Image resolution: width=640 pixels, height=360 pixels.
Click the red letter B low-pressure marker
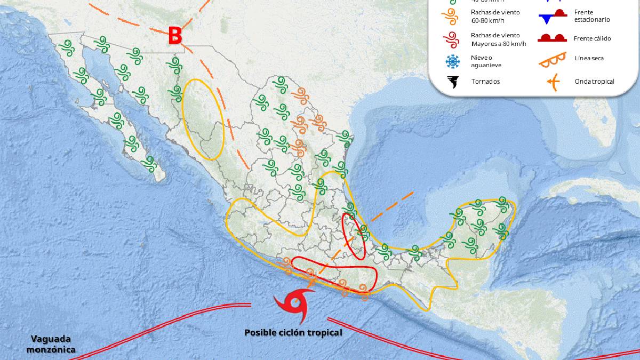(x=175, y=36)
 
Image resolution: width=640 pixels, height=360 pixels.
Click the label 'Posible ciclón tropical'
(x=293, y=332)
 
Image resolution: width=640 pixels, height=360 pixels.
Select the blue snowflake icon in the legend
(x=453, y=61)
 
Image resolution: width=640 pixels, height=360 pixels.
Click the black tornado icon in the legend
(x=453, y=82)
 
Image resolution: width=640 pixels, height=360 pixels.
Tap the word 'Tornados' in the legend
(x=485, y=82)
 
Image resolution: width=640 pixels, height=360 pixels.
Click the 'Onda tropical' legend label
(x=594, y=82)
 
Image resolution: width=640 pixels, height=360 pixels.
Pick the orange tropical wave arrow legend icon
(x=553, y=82)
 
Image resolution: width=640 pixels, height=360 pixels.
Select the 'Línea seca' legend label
(x=589, y=58)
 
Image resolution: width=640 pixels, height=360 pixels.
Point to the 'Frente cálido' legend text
(x=592, y=38)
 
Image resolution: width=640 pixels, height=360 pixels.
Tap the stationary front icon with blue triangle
(x=551, y=17)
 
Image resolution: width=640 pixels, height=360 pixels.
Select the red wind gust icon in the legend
(x=453, y=39)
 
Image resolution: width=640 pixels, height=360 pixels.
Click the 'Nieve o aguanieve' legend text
(x=486, y=61)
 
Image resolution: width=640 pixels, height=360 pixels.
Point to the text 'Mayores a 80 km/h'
(x=498, y=44)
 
